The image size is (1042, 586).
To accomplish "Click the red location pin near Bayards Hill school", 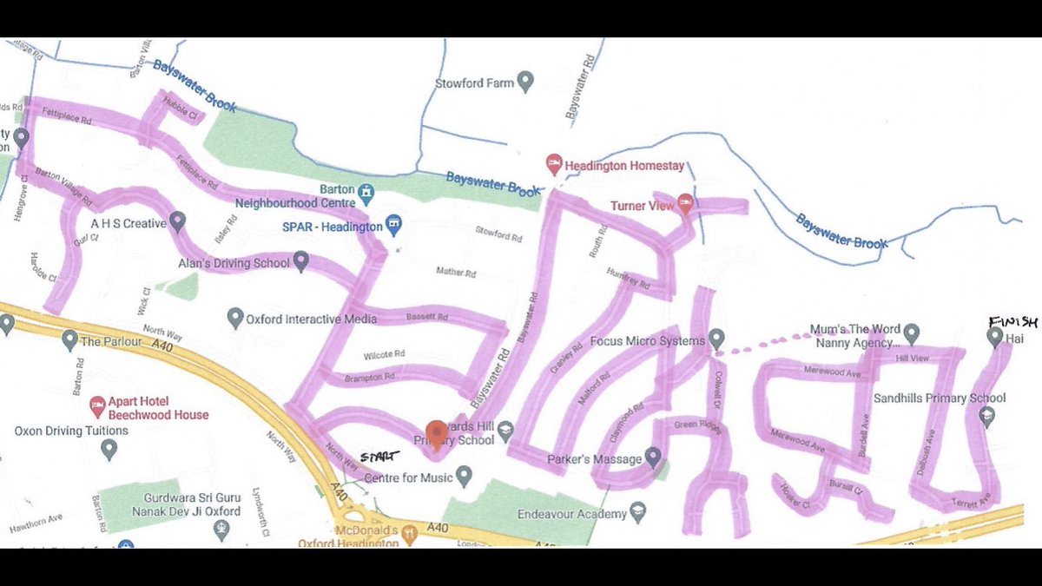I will tap(436, 432).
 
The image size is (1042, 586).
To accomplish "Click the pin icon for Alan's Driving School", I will tap(301, 260).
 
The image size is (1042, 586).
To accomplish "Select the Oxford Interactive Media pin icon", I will tap(234, 319).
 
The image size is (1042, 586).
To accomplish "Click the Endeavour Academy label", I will tap(571, 514).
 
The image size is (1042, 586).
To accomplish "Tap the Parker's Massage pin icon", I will tap(653, 458).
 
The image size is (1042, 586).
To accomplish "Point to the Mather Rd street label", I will tap(456, 273).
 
